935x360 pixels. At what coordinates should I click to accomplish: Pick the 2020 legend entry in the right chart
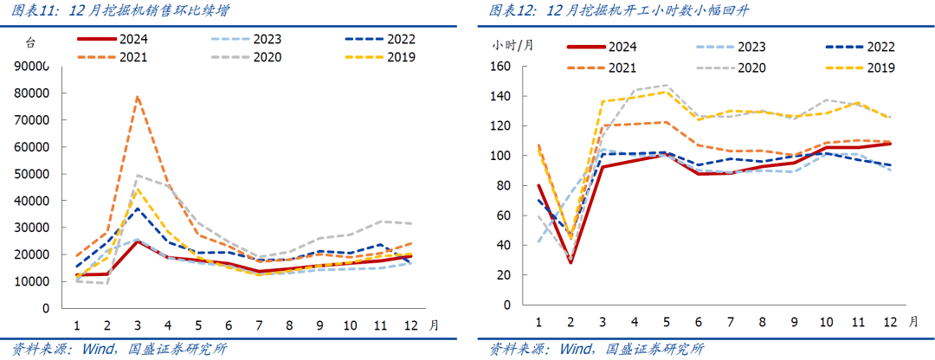coord(741,67)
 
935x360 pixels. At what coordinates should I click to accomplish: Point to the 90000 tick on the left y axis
coord(34,67)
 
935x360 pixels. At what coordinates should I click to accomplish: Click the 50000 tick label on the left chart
coord(34,174)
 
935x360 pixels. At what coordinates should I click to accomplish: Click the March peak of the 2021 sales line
coord(137,96)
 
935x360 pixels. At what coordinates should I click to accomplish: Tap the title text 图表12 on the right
coord(507,11)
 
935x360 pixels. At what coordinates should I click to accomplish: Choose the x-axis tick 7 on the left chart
coord(260,325)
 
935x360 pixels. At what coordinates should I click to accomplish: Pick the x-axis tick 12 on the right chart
coord(887,321)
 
